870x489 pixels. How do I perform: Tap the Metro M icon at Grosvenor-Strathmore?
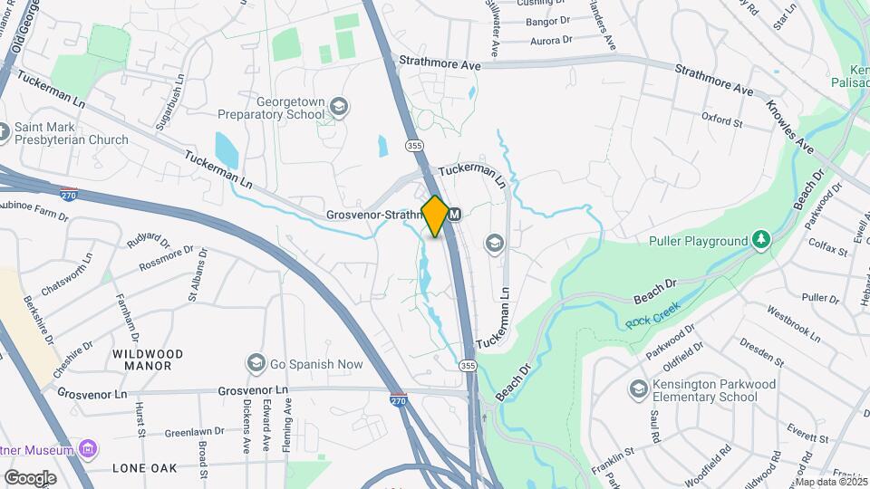(456, 215)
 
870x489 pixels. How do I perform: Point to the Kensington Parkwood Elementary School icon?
(638, 390)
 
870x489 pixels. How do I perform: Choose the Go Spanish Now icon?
(256, 364)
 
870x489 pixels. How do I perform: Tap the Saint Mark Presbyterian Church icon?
(5, 133)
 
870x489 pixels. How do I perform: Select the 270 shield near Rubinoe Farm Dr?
(69, 194)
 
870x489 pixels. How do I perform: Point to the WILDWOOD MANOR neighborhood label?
(148, 360)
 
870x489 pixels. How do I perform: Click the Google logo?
(30, 477)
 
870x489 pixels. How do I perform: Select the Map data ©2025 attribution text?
(831, 481)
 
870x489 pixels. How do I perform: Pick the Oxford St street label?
(722, 118)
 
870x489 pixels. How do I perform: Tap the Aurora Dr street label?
(552, 40)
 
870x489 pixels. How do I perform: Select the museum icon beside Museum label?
(87, 449)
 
